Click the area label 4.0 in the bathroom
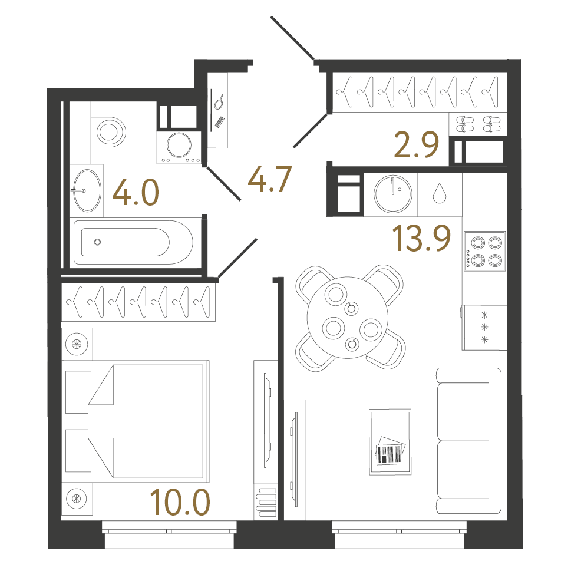[136, 193]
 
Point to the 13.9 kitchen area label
[422, 239]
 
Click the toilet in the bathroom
[110, 131]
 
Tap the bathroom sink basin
[86, 190]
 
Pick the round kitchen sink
[391, 193]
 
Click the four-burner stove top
[484, 250]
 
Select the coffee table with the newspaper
[390, 441]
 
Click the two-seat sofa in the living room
[468, 440]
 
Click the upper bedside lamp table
[77, 343]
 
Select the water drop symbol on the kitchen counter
[439, 193]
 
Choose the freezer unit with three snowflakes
[484, 327]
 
